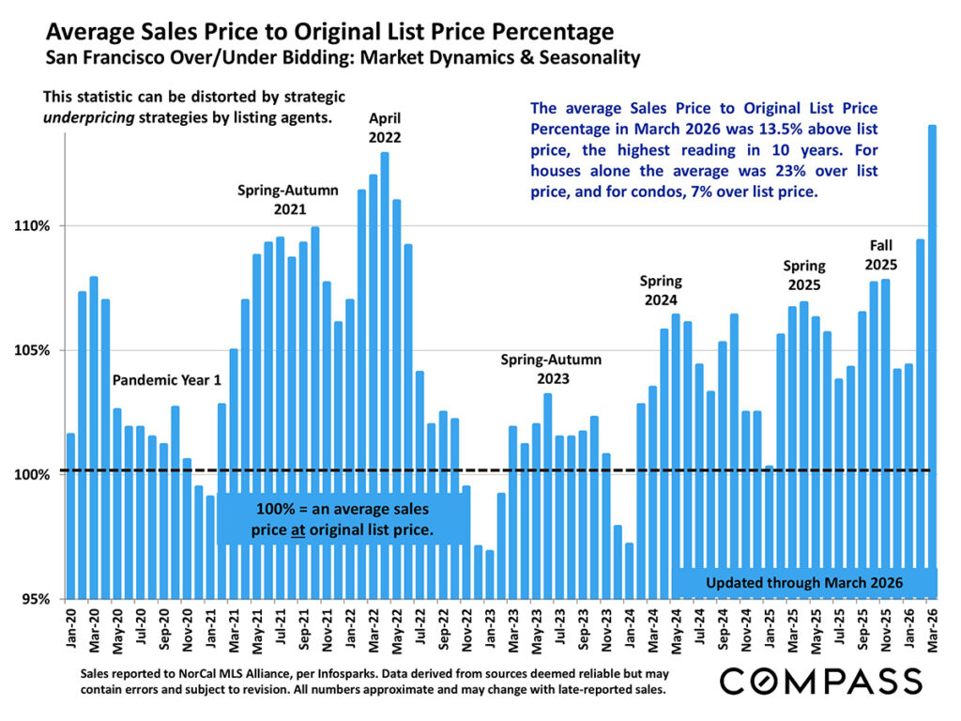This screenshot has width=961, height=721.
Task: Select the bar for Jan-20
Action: click(x=71, y=515)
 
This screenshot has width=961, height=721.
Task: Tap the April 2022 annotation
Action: click(x=385, y=128)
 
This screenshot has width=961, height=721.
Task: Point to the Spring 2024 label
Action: click(x=661, y=290)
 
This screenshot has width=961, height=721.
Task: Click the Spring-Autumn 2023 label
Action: click(x=551, y=369)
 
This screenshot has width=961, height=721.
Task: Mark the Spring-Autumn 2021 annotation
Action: click(x=287, y=199)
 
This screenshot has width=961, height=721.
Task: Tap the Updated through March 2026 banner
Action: click(x=803, y=583)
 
